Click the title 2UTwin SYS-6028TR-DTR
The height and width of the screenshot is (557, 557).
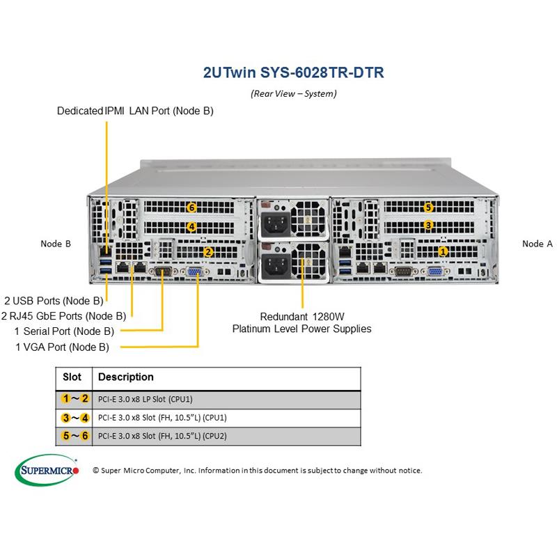(x=292, y=72)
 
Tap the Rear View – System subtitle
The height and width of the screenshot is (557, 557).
(x=293, y=93)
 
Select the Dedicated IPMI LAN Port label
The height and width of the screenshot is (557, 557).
(x=135, y=111)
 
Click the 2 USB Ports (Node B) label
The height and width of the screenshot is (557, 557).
(x=54, y=301)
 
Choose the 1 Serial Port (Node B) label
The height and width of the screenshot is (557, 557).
(x=64, y=331)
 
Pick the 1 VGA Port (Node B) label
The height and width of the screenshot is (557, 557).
(x=62, y=346)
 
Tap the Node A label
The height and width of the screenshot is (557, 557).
(x=538, y=244)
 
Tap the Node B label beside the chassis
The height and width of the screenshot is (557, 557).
(x=56, y=244)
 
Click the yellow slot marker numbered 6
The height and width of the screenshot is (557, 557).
(x=191, y=207)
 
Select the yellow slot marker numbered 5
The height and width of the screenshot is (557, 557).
(x=429, y=207)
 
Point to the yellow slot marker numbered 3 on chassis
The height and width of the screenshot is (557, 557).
(x=429, y=225)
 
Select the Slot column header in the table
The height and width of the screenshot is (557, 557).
(x=72, y=377)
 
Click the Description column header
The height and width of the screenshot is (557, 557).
(x=126, y=377)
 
